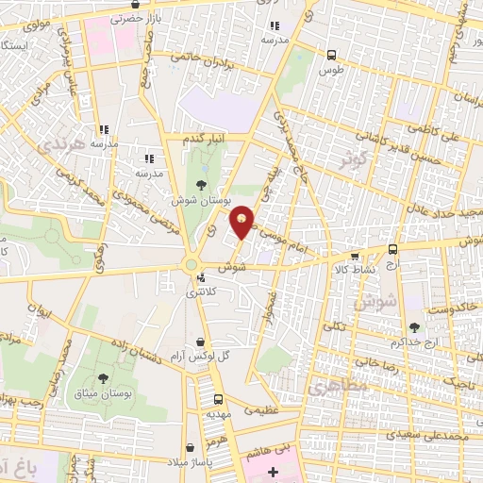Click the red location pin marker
pyautogui.click(x=243, y=222)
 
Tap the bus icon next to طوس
pyautogui.click(x=330, y=55)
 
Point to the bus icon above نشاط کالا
pyautogui.click(x=355, y=255)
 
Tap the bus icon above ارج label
pyautogui.click(x=393, y=250)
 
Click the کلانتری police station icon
pyautogui.click(x=202, y=278)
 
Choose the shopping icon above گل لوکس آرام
pyautogui.click(x=199, y=341)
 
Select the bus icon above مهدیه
pyautogui.click(x=219, y=399)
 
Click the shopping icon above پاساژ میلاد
pyautogui.click(x=192, y=446)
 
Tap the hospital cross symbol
pyautogui.click(x=274, y=471)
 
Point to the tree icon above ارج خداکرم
pyautogui.click(x=415, y=326)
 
